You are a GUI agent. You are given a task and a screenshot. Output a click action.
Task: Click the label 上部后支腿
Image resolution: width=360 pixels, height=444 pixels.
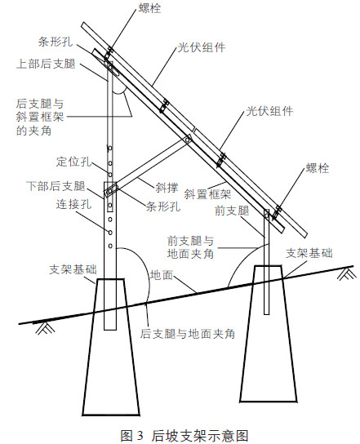point(46,64)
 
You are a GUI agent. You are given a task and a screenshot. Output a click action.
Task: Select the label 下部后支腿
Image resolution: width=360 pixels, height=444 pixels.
point(56,186)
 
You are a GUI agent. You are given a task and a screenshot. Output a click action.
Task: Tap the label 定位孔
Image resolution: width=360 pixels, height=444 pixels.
point(74,162)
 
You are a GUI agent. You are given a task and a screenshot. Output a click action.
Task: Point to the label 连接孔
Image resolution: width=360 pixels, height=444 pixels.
point(74,204)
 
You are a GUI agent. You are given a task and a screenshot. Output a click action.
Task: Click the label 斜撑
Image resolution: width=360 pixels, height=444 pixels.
point(167,188)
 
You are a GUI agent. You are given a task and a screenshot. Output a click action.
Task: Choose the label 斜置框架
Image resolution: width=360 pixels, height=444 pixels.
point(207,194)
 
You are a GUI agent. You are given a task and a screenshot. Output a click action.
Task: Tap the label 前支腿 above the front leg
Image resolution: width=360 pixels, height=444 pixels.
point(232,211)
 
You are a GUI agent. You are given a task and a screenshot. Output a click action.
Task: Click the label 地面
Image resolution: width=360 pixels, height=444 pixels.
point(162,275)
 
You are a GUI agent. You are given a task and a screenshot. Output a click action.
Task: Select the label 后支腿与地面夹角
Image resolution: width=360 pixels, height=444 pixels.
point(188,334)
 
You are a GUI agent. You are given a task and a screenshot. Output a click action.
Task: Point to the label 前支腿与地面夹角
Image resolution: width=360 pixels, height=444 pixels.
point(190,247)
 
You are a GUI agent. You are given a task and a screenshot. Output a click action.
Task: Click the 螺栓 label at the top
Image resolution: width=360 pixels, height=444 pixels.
point(150,8)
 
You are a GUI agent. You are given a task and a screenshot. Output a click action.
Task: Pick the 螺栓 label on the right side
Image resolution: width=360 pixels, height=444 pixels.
point(318,168)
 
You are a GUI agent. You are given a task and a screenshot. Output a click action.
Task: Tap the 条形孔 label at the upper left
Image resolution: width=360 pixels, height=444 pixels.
point(56,42)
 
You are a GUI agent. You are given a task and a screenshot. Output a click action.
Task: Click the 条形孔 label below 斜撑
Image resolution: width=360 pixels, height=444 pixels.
point(163,206)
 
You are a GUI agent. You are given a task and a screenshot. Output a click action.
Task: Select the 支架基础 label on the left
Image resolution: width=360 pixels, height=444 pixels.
point(73,269)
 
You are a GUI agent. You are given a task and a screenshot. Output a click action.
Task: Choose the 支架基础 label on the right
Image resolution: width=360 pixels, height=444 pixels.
point(309,253)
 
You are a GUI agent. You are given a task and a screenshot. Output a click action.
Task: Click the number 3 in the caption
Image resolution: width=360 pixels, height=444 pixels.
point(140,435)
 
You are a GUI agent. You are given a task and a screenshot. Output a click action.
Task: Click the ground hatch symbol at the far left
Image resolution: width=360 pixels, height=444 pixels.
point(42,328)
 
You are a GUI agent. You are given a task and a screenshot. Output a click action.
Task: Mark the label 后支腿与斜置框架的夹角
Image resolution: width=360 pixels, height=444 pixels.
point(40,118)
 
